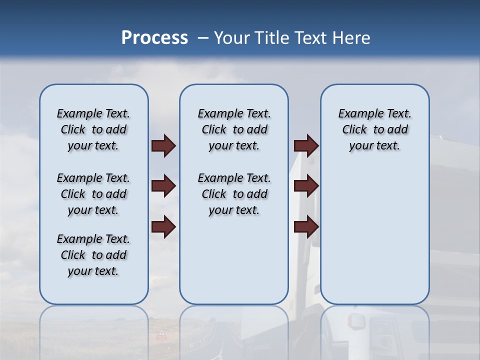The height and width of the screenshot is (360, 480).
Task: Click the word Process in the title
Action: (x=154, y=38)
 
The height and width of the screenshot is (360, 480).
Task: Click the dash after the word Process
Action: (x=202, y=38)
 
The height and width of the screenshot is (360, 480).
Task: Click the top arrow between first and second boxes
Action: (x=163, y=145)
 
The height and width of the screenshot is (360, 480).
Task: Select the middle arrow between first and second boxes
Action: (x=163, y=186)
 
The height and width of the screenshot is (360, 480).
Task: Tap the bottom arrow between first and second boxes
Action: (x=163, y=227)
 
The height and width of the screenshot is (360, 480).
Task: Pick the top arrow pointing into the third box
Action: (x=306, y=145)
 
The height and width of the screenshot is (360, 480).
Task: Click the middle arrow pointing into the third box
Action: (x=306, y=186)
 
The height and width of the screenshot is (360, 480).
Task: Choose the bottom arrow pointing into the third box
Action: (x=306, y=227)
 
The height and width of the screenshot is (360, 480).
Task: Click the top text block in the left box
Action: (x=93, y=129)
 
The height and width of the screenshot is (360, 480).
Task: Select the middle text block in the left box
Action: (x=93, y=194)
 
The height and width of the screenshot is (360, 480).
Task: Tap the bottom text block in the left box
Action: (x=93, y=255)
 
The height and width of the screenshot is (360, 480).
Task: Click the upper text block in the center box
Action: (x=234, y=129)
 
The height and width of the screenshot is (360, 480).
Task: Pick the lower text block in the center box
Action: (x=234, y=194)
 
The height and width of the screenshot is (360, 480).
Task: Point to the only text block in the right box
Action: (x=374, y=129)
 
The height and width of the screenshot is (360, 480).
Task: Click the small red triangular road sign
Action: (x=161, y=333)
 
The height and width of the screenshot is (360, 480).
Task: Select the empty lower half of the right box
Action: (x=374, y=240)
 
